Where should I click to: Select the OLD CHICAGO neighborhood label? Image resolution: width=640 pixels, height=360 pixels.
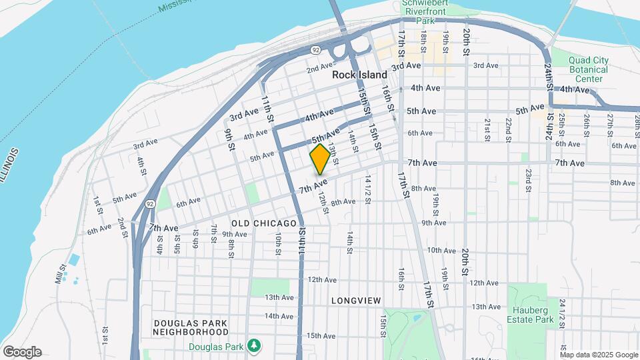[264, 223]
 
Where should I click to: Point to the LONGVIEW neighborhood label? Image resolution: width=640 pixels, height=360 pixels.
[355, 301]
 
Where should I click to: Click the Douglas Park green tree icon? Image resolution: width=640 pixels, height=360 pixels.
[253, 346]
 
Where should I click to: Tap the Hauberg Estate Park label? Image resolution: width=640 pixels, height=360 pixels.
[531, 315]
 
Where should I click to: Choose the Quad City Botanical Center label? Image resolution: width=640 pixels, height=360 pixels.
[588, 69]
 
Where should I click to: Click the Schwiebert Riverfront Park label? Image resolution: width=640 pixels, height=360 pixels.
[425, 12]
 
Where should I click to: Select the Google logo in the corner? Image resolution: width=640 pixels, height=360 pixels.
[22, 351]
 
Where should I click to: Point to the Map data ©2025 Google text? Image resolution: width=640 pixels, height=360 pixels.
[599, 355]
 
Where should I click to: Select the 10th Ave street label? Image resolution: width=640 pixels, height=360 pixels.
[441, 251]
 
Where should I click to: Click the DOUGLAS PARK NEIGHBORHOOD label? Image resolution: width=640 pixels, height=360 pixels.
[191, 327]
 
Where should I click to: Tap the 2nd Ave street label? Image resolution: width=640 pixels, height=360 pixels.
[319, 67]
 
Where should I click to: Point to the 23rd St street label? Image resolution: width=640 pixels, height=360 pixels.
[527, 179]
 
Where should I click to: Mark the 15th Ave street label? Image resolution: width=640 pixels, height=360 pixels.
[322, 335]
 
